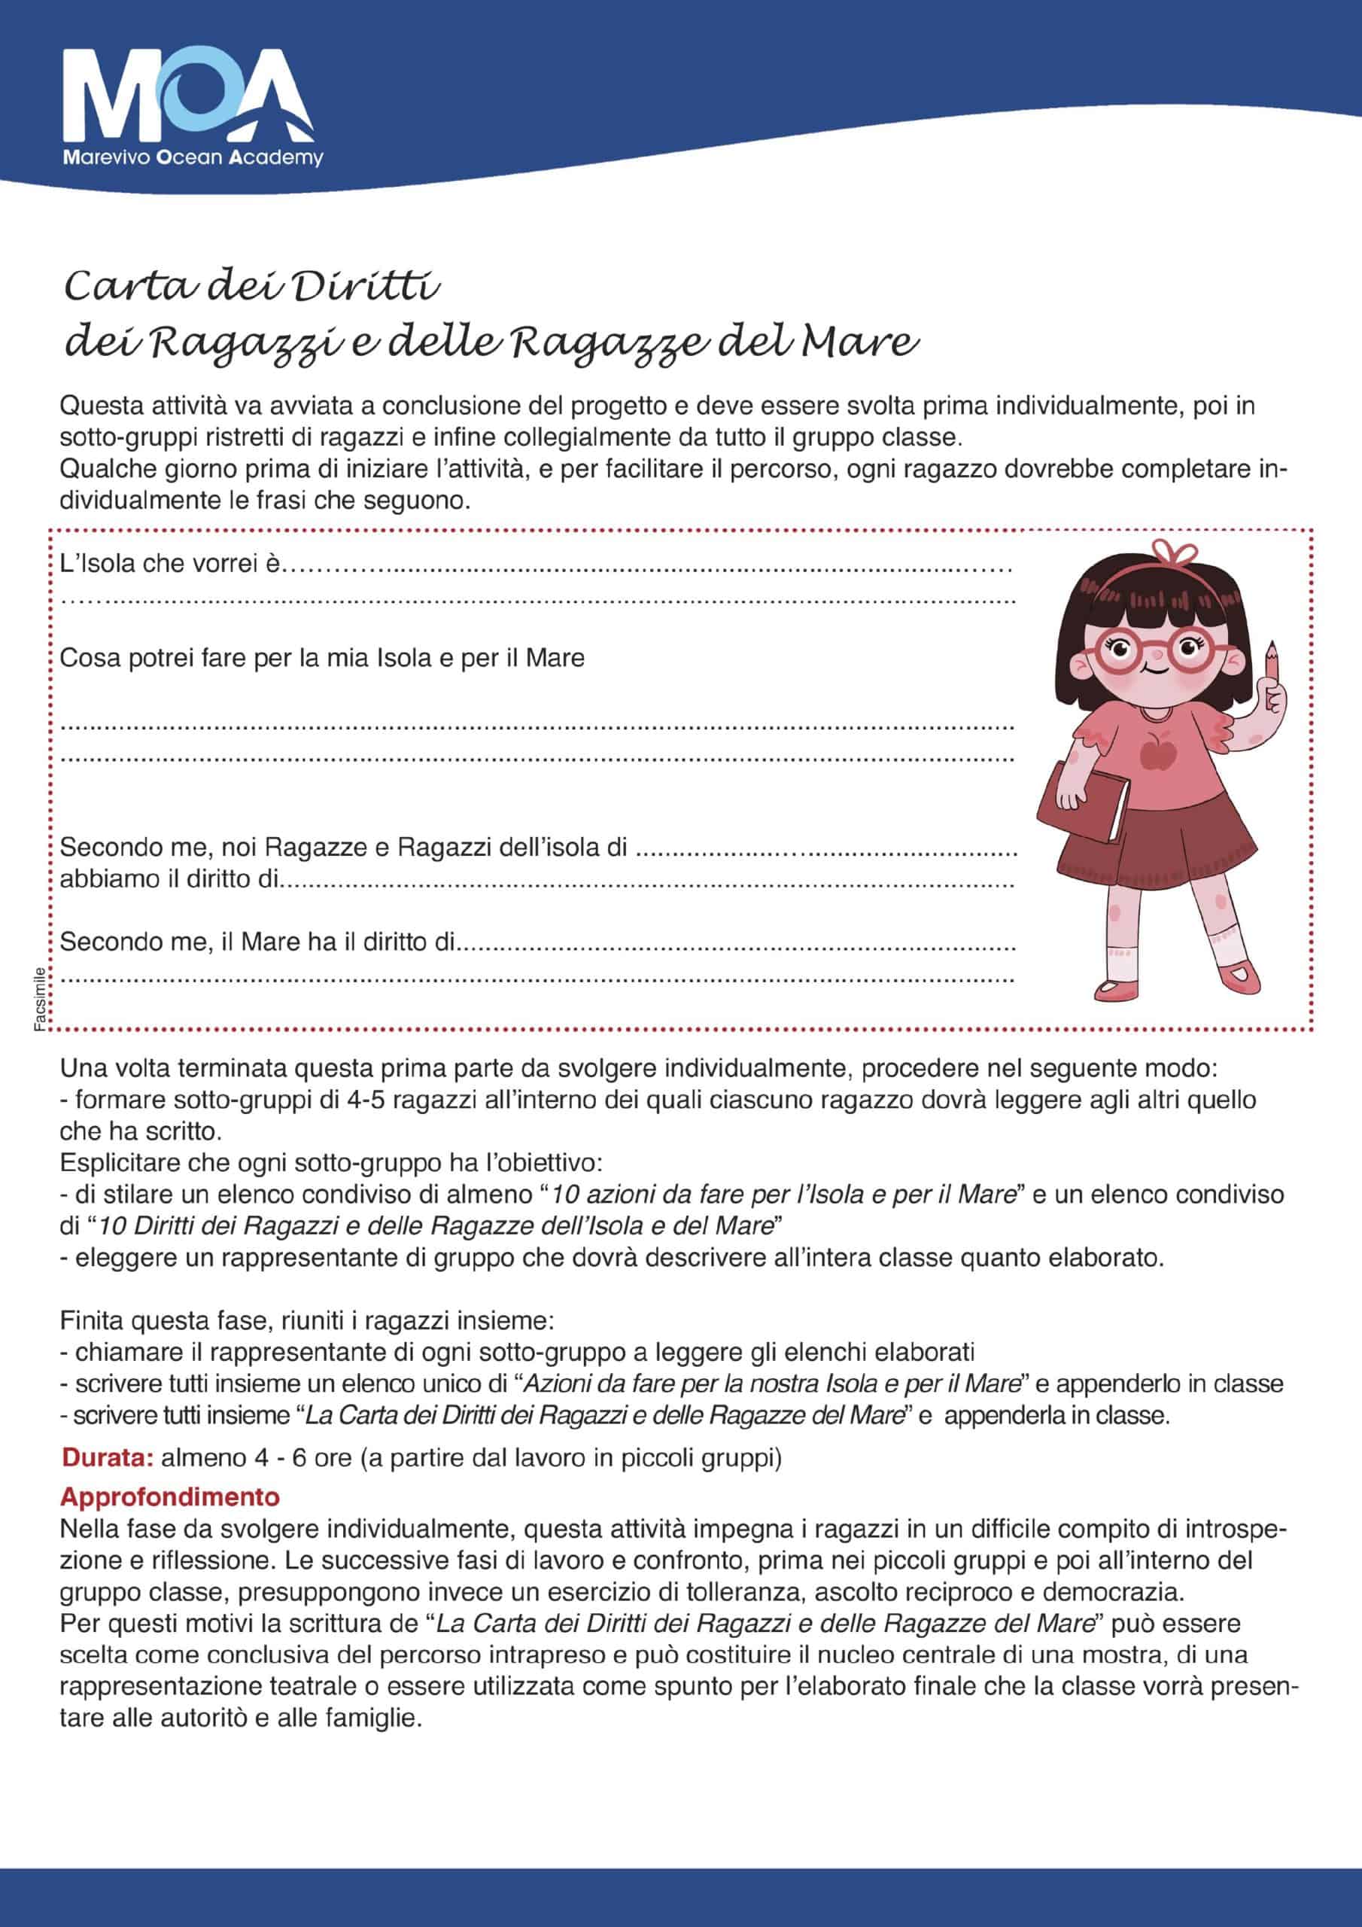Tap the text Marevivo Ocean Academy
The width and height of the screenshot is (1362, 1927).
[194, 158]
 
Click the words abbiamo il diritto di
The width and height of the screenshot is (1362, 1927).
[168, 878]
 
